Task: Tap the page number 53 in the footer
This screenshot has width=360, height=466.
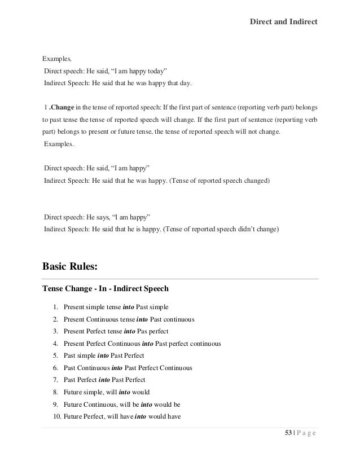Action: [287, 433]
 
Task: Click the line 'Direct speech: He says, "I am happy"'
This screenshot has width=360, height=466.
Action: [96, 217]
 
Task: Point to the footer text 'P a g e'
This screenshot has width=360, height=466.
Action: [305, 433]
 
